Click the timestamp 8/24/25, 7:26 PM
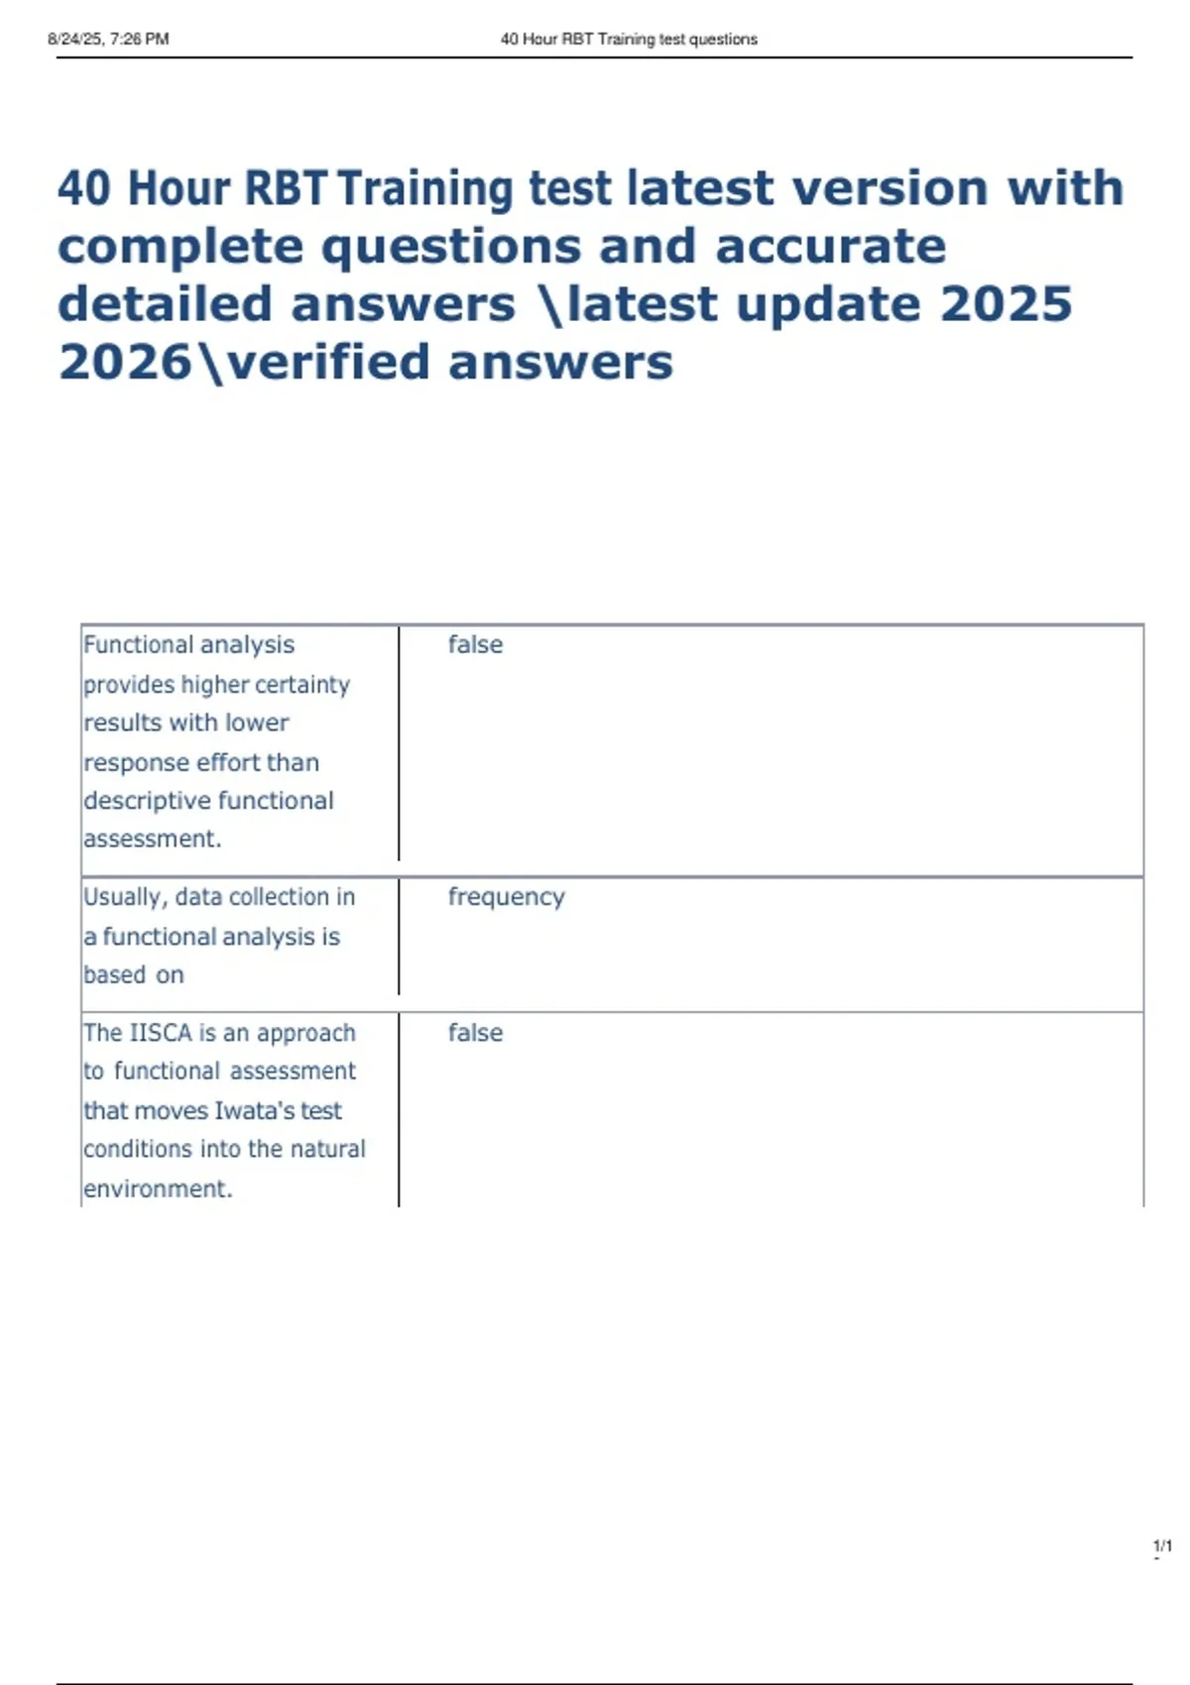108,40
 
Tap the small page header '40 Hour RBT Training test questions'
629,40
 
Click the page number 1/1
1162,1546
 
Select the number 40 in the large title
84,188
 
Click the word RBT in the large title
285,188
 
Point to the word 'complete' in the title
180,247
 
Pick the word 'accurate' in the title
830,247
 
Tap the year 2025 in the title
1006,304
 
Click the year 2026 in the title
125,362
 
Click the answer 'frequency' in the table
506,897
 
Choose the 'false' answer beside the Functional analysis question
475,645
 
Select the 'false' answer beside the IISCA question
475,1033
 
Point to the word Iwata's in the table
254,1110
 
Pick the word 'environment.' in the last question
158,1188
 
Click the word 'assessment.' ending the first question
152,839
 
